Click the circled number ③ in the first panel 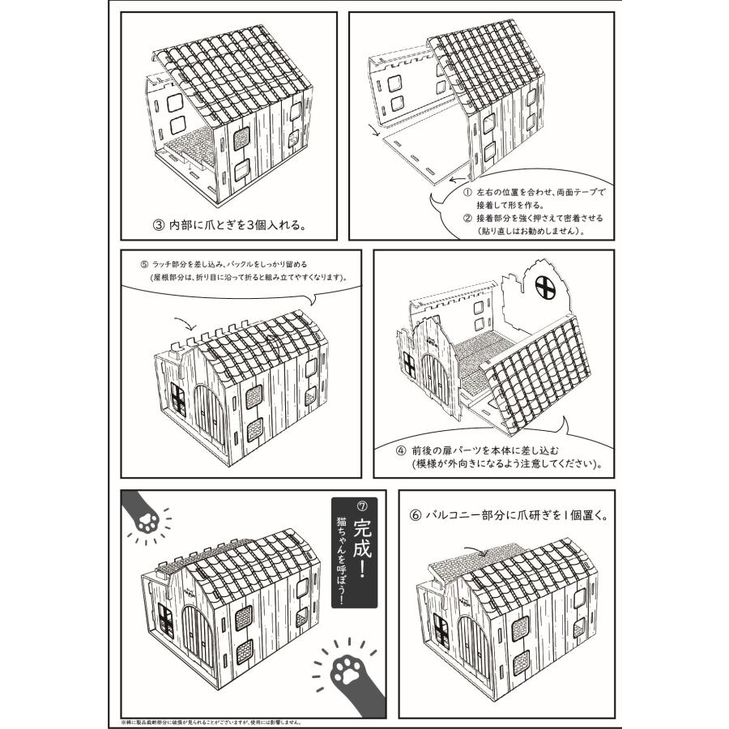point(159,224)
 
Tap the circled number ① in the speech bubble point(467,194)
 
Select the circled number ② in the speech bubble point(467,218)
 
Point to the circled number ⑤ point(144,264)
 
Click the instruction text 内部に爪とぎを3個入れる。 point(235,224)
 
